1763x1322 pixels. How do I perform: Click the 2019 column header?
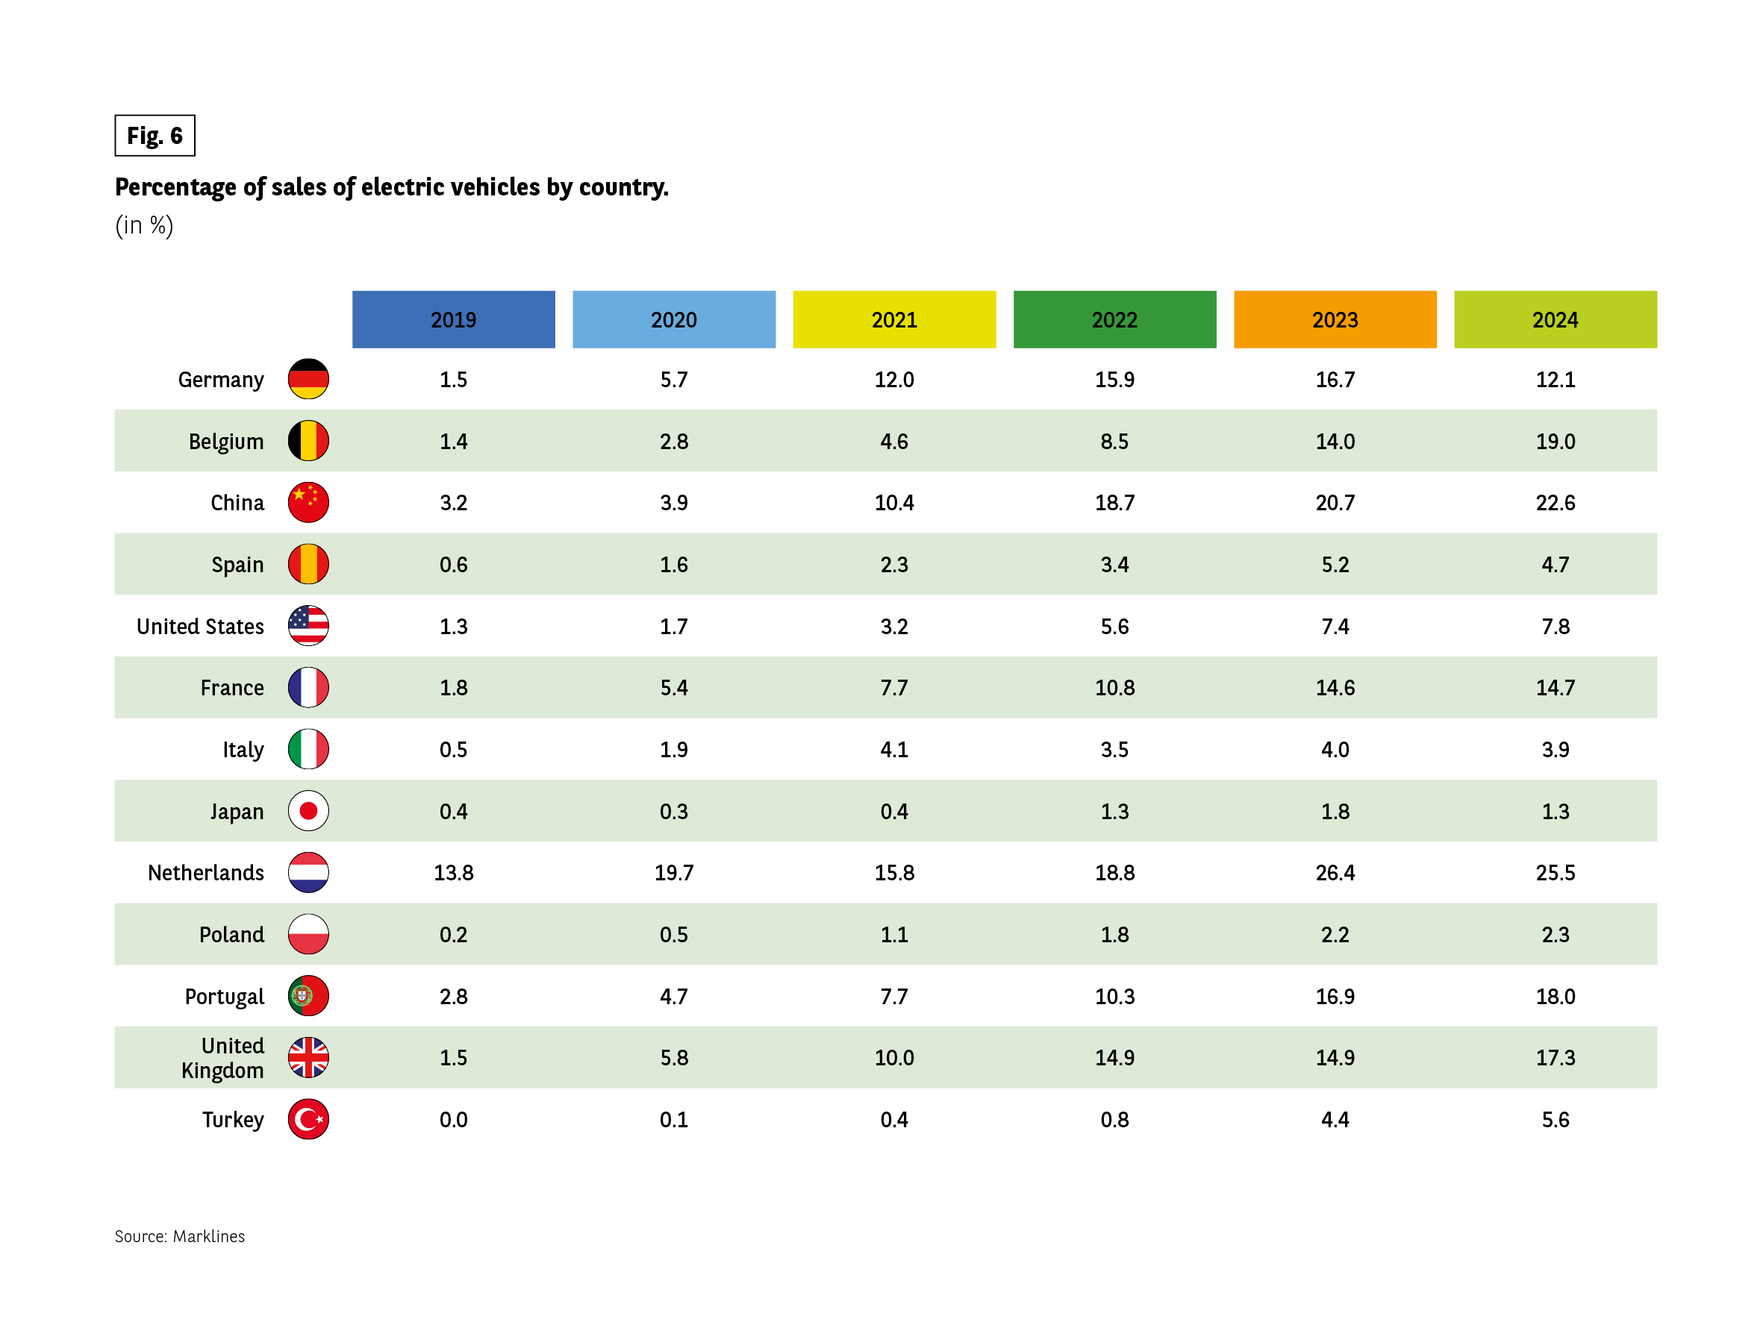(x=454, y=319)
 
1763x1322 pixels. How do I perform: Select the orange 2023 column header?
(x=1335, y=319)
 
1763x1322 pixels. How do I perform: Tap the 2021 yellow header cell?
(x=894, y=319)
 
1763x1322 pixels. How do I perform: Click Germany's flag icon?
(x=308, y=379)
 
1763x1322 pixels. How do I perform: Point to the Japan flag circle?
(x=308, y=811)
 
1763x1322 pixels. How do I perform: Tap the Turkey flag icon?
(x=308, y=1120)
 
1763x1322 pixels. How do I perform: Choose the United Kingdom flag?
(x=308, y=1057)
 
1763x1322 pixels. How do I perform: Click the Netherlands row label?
(x=205, y=874)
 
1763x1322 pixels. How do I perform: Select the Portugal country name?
(x=224, y=997)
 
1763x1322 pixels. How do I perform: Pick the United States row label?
(x=200, y=627)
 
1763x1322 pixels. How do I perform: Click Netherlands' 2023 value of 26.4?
(x=1335, y=874)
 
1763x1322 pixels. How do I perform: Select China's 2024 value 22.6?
(x=1555, y=503)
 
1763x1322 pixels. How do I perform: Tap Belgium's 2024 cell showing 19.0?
(x=1555, y=442)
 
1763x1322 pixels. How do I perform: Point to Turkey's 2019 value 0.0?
(x=454, y=1120)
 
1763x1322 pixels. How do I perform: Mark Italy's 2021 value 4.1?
(x=894, y=750)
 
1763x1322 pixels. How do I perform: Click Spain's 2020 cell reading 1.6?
(x=673, y=565)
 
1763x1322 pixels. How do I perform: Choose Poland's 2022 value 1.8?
(x=1114, y=935)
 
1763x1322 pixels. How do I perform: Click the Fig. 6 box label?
(x=155, y=136)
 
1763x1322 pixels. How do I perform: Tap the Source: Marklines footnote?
(x=180, y=1236)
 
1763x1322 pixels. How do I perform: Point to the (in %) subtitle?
(x=144, y=225)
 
